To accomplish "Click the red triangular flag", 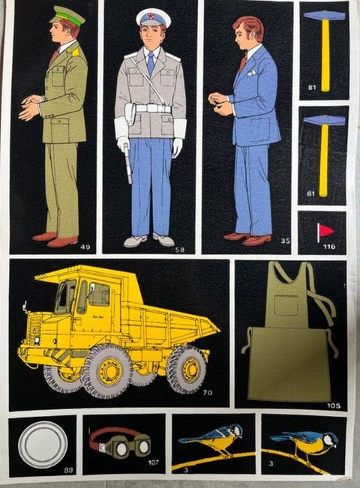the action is [x=325, y=231].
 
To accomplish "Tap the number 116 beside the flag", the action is [x=329, y=247].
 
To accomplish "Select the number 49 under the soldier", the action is [x=85, y=247].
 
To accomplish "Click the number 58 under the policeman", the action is [x=180, y=250].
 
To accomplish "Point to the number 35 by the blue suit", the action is [x=285, y=241].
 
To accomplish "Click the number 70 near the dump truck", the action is [x=208, y=393].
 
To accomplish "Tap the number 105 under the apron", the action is [x=334, y=406].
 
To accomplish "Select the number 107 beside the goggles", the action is [x=153, y=463].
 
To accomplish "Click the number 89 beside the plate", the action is [x=68, y=470].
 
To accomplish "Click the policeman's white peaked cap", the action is [x=153, y=17].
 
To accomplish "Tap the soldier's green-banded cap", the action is [x=67, y=16].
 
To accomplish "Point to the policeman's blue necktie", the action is [x=151, y=63].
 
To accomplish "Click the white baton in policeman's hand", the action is [x=127, y=163].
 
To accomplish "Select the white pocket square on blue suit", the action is [x=252, y=73].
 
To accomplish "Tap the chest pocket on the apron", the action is [x=286, y=305].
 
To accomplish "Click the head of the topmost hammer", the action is [x=325, y=15].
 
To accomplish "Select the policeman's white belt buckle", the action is [x=152, y=108].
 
